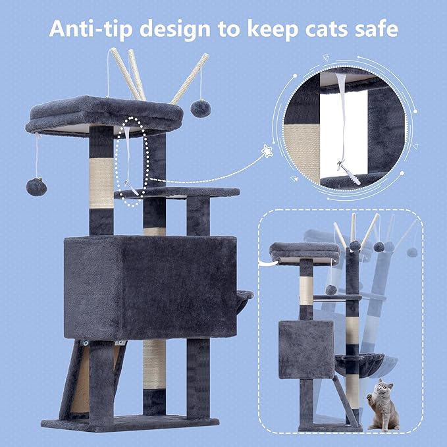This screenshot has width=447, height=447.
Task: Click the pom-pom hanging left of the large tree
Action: (36, 186)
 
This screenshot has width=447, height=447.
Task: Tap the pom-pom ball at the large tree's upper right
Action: (200, 107)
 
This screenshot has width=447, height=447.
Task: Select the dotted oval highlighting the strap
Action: (135, 161)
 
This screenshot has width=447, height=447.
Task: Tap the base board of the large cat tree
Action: (130, 423)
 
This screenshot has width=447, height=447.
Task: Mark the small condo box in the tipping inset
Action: (296, 349)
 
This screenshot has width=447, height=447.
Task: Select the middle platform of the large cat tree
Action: (178, 193)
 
